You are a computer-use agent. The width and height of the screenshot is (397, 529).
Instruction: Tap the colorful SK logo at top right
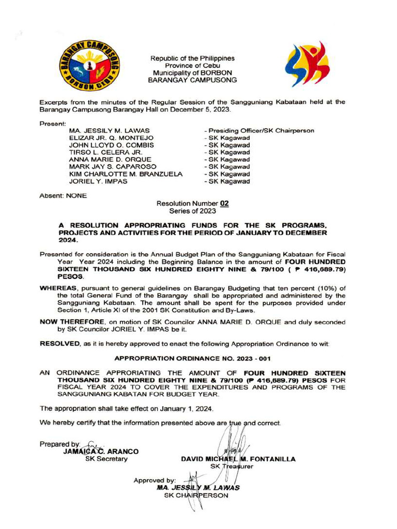[x=307, y=65]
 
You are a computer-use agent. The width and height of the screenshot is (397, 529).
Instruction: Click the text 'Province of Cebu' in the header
[x=192, y=66]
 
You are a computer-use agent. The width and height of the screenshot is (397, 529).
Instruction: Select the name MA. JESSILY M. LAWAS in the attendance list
[x=110, y=131]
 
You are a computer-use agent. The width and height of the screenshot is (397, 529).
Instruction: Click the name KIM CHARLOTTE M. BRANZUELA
[x=126, y=174]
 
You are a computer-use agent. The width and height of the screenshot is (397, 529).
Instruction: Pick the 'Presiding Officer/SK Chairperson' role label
[x=259, y=131]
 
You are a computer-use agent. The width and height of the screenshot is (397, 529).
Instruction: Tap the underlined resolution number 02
[x=224, y=204]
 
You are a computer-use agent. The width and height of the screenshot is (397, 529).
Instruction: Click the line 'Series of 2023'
[x=192, y=211]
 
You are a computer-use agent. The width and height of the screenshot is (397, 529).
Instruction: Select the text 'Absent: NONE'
[x=64, y=196]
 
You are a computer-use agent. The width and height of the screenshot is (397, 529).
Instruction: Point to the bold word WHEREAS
[x=58, y=288]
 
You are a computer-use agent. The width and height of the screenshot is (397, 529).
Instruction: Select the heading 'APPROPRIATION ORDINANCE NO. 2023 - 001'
[x=192, y=358]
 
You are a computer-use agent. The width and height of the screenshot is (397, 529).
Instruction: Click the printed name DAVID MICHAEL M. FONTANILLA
[x=238, y=459]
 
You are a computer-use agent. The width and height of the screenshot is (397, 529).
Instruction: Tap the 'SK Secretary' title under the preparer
[x=106, y=459]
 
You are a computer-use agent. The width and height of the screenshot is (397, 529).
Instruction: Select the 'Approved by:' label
[x=155, y=480]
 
